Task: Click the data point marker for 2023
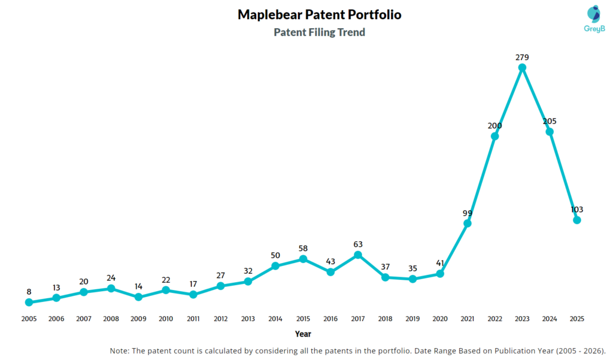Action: [522, 68]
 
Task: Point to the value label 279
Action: [522, 58]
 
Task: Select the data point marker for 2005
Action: [29, 302]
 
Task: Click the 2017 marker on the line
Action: [358, 255]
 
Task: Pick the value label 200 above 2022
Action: [494, 126]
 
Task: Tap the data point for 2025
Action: [577, 220]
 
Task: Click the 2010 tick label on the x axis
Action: [166, 319]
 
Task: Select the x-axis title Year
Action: [303, 334]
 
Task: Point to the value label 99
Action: [468, 213]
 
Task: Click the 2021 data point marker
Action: [468, 223]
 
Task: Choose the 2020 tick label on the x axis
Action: [440, 319]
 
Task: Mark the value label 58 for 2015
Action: [303, 249]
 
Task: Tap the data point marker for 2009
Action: [138, 297]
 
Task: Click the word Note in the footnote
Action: [120, 350]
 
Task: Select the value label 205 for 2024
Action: [550, 121]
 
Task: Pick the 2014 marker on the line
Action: [275, 266]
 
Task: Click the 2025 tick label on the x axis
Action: [577, 319]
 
